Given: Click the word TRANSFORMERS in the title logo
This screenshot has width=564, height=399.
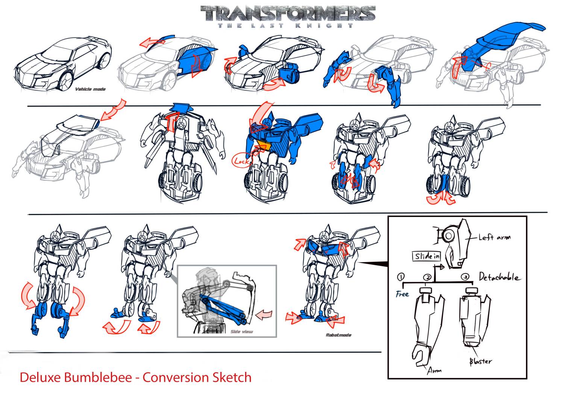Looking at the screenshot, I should (288, 14).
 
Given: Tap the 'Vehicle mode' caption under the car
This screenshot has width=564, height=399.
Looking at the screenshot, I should (90, 89).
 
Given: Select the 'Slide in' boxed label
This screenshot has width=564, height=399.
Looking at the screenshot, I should (427, 256).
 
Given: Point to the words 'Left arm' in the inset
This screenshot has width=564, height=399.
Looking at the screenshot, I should (494, 238).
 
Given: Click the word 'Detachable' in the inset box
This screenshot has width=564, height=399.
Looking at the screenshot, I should (500, 277).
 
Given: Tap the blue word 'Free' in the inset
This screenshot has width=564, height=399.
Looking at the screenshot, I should (402, 294).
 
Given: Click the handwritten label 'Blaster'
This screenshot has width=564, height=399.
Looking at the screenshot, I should (480, 361).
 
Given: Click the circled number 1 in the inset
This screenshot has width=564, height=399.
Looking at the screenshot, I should (401, 277).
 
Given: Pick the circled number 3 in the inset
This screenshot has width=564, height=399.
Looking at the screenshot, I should (466, 277).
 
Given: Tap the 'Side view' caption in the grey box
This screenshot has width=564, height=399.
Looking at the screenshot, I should (241, 331).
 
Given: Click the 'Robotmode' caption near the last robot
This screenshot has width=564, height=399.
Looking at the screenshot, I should (338, 335).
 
